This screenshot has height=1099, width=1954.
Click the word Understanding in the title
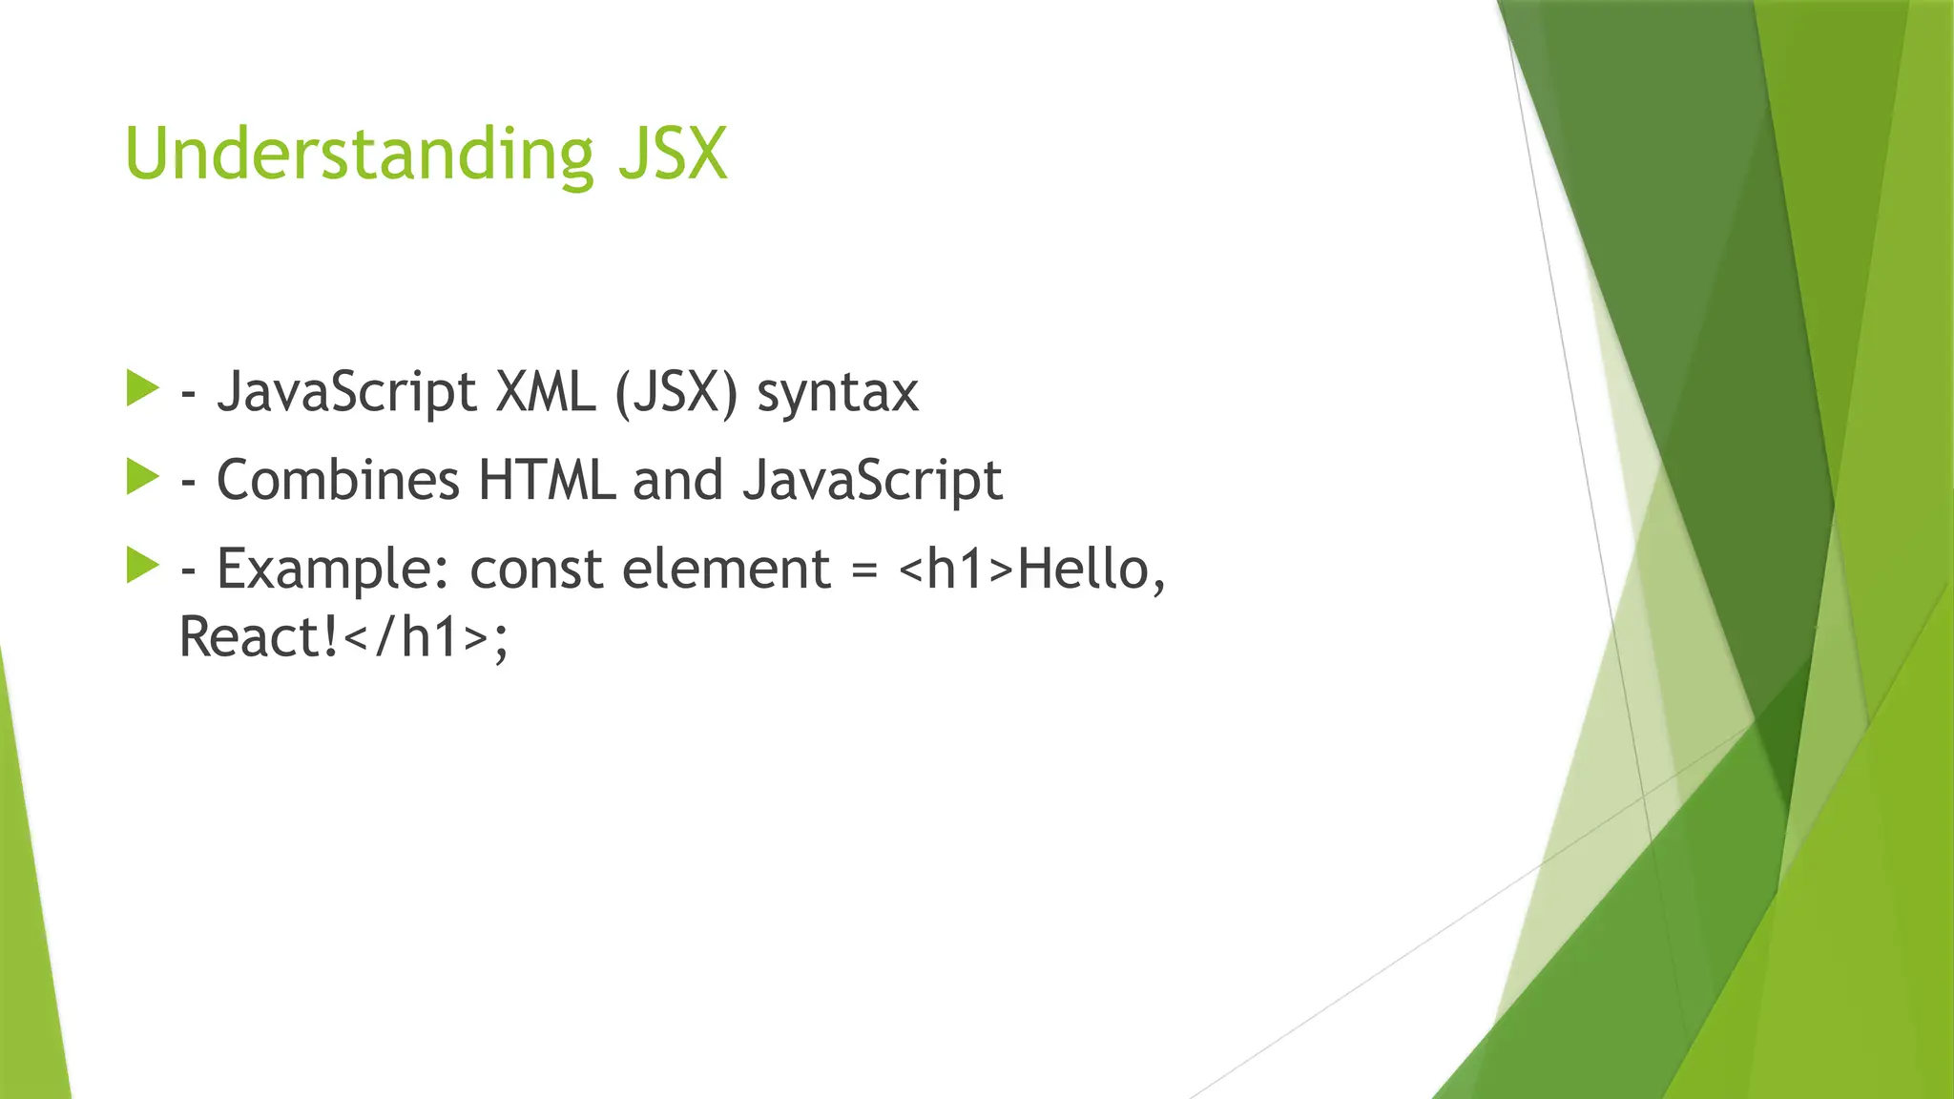[x=359, y=155]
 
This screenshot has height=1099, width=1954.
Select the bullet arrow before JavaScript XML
[x=142, y=389]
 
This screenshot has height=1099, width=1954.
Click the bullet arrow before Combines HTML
[x=142, y=477]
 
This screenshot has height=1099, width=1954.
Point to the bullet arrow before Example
[x=142, y=566]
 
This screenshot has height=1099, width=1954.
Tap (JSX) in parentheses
[x=676, y=392]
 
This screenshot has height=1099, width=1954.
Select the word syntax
[x=838, y=393]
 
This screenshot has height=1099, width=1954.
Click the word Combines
[x=338, y=479]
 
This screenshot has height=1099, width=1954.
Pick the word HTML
[x=546, y=479]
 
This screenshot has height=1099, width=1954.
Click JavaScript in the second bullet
[x=872, y=481]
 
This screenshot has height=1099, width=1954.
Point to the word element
[x=727, y=570]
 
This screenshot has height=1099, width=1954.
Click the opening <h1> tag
[x=956, y=570]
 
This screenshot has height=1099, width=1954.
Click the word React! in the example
[x=260, y=637]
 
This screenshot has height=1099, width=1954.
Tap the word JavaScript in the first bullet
[x=346, y=393]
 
